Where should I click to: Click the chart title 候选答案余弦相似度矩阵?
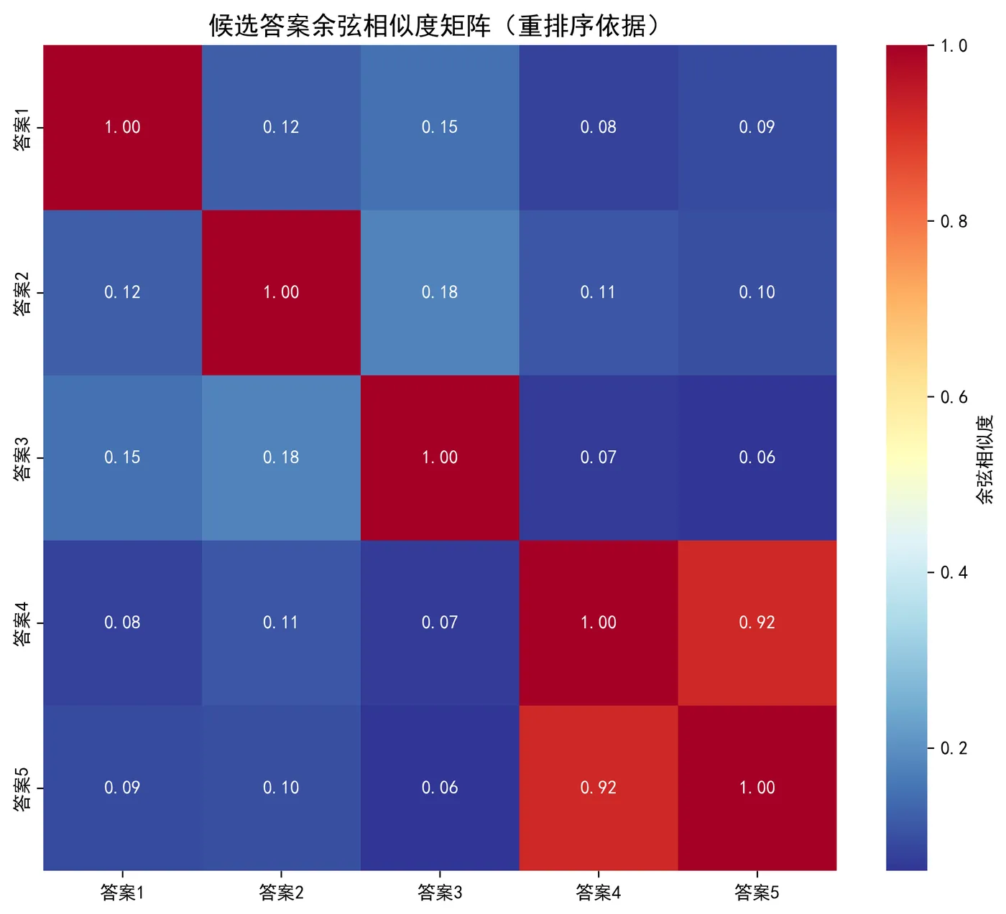pyautogui.click(x=434, y=26)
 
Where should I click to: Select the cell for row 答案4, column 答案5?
pyautogui.click(x=757, y=622)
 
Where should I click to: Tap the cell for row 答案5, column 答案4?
pyautogui.click(x=598, y=788)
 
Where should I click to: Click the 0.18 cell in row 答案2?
pyautogui.click(x=440, y=292)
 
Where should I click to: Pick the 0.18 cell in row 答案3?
pyautogui.click(x=281, y=457)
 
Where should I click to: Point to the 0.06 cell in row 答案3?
pyautogui.click(x=757, y=457)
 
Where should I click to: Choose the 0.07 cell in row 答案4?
pyautogui.click(x=440, y=622)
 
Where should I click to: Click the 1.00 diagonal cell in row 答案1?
pyautogui.click(x=122, y=127)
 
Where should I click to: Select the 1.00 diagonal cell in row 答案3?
pyautogui.click(x=440, y=457)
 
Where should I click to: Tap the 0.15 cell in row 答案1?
pyautogui.click(x=440, y=127)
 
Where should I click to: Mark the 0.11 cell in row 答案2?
pyautogui.click(x=598, y=292)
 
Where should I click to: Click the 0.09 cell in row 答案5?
pyautogui.click(x=122, y=788)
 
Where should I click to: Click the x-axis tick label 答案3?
pyautogui.click(x=440, y=892)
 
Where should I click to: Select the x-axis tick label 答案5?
pyautogui.click(x=757, y=892)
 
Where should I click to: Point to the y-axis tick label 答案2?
pyautogui.click(x=22, y=293)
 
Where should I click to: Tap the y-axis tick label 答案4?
pyautogui.click(x=22, y=623)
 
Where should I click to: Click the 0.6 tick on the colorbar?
pyautogui.click(x=954, y=397)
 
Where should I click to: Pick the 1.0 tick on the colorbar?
pyautogui.click(x=954, y=46)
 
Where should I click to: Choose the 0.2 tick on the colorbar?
pyautogui.click(x=954, y=748)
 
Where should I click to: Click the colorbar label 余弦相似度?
pyautogui.click(x=985, y=458)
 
